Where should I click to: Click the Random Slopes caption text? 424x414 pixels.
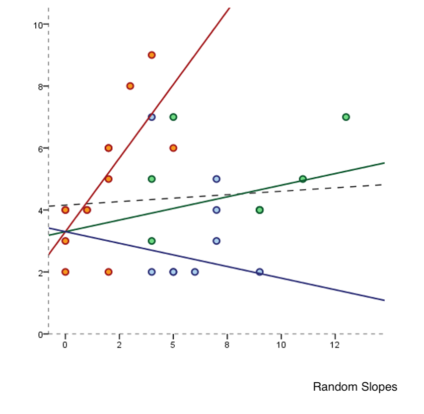click(x=355, y=387)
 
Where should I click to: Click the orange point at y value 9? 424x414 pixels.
click(x=151, y=55)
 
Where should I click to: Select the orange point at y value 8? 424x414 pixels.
click(x=130, y=86)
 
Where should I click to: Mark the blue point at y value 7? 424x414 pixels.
click(x=151, y=117)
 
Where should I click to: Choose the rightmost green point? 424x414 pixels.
click(x=346, y=117)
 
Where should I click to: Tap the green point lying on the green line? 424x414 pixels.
click(x=303, y=179)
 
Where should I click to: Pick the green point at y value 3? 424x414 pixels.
click(x=151, y=241)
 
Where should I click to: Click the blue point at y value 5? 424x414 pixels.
click(x=216, y=179)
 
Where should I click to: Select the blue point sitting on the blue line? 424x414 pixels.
click(x=259, y=272)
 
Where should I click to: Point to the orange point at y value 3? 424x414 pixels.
click(x=65, y=241)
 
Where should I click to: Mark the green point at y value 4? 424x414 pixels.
click(x=259, y=210)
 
